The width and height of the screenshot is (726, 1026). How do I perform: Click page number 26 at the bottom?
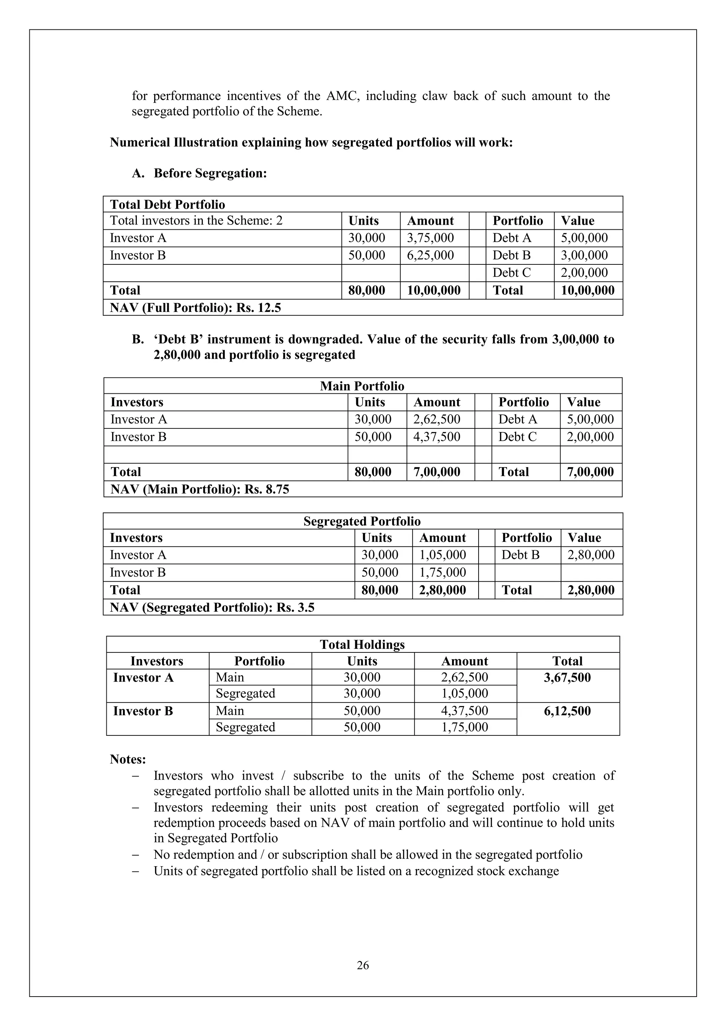(x=363, y=966)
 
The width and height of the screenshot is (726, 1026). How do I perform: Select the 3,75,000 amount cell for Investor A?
(x=430, y=238)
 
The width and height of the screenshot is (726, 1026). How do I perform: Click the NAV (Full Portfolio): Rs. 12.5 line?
(x=195, y=308)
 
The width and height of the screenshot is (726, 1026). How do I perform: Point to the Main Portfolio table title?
(x=362, y=386)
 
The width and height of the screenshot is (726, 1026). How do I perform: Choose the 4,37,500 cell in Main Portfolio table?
(x=436, y=437)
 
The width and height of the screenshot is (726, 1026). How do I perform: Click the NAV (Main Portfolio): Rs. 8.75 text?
(x=200, y=489)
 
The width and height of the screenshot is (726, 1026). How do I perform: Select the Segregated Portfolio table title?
(x=362, y=521)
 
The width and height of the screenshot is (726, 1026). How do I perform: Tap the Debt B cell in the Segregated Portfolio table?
(x=520, y=555)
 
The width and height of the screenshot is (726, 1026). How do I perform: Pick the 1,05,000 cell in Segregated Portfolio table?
(x=442, y=555)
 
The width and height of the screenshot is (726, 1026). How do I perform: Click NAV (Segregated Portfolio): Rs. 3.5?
(x=212, y=608)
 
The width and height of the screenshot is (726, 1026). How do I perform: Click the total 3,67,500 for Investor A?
(x=567, y=678)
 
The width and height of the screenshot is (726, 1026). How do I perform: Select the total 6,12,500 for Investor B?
(x=567, y=711)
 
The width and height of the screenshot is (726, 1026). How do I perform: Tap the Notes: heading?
(x=128, y=759)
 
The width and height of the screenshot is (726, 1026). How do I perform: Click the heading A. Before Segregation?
(x=199, y=173)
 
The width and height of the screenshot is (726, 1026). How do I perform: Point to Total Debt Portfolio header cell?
(x=168, y=204)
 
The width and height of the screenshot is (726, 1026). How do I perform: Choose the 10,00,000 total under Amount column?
(x=434, y=291)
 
